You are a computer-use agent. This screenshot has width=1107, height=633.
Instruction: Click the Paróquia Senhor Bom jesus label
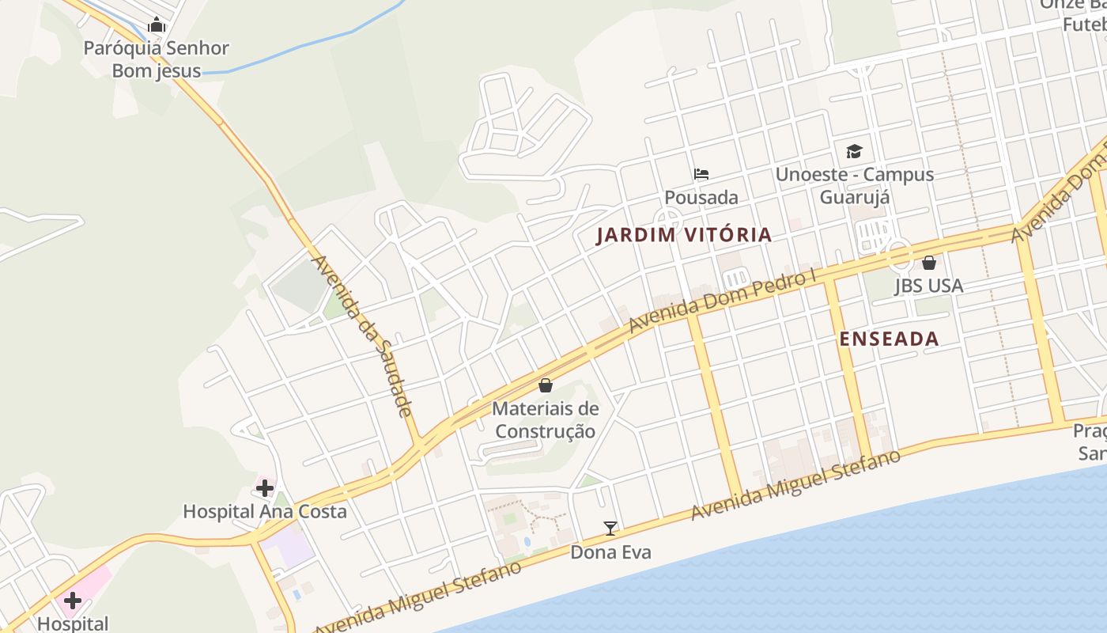point(156,59)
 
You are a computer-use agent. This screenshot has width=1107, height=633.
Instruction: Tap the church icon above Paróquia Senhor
point(156,25)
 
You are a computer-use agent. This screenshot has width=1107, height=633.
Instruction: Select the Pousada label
point(701,197)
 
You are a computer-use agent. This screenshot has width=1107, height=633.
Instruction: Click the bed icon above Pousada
point(701,174)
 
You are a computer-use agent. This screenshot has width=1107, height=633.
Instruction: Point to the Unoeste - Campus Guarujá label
point(854,185)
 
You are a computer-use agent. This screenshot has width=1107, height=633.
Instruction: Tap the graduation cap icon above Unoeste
point(854,151)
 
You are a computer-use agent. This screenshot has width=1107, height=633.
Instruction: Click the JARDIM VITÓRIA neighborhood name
point(684,235)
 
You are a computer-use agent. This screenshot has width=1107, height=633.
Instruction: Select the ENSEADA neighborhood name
point(889,339)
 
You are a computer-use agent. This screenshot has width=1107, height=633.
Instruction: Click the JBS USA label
point(928,286)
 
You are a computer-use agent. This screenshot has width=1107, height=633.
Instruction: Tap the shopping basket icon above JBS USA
point(929,262)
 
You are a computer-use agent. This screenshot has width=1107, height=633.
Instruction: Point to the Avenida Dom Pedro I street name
point(723,303)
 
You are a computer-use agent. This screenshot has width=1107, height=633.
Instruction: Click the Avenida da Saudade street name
point(363,335)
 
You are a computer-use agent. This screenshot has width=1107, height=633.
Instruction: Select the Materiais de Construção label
point(545,420)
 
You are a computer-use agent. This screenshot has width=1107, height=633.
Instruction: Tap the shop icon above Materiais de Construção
point(545,385)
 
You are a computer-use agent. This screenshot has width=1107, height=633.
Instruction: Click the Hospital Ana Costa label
point(265,511)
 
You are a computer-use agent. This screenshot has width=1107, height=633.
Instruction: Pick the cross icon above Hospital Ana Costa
point(265,487)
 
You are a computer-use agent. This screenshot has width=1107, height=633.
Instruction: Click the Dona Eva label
point(610,552)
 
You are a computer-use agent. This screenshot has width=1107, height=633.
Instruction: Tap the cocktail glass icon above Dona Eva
point(610,528)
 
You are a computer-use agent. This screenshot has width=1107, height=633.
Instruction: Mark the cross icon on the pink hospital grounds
point(72,600)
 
